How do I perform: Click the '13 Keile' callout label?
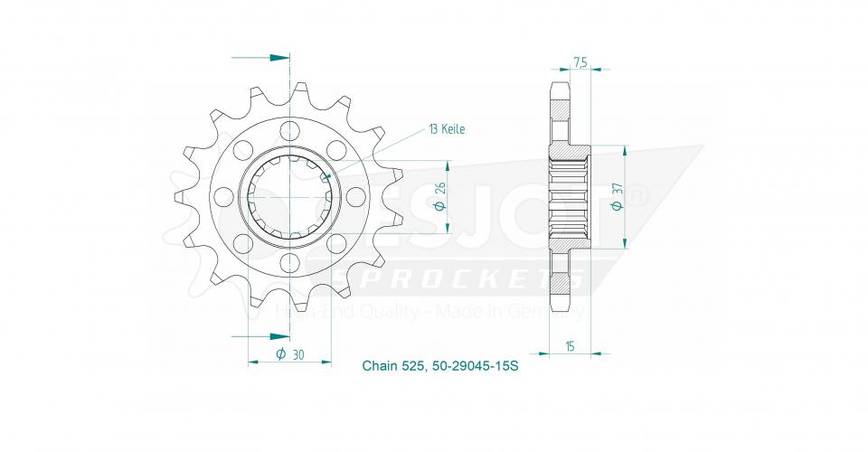click(447, 129)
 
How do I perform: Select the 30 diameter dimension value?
click(297, 354)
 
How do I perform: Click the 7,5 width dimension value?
click(580, 62)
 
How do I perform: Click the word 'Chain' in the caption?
click(378, 366)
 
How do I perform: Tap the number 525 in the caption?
click(414, 366)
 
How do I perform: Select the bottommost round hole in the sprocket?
click(289, 262)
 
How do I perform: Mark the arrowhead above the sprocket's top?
click(279, 58)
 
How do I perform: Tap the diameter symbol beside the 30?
click(281, 354)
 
